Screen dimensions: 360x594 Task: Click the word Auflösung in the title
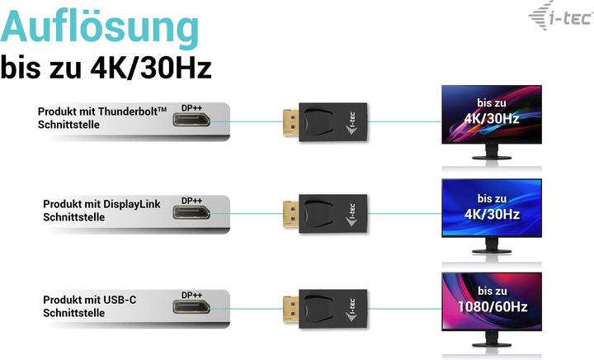(99, 29)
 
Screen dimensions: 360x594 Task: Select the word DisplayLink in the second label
(131, 203)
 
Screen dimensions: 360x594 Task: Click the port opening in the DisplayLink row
(191, 213)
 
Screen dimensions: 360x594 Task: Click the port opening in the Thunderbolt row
(191, 121)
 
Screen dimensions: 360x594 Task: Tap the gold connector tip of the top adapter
(288, 121)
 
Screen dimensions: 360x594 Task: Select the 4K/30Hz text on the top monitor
(491, 118)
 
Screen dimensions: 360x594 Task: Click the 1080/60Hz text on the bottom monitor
(492, 307)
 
